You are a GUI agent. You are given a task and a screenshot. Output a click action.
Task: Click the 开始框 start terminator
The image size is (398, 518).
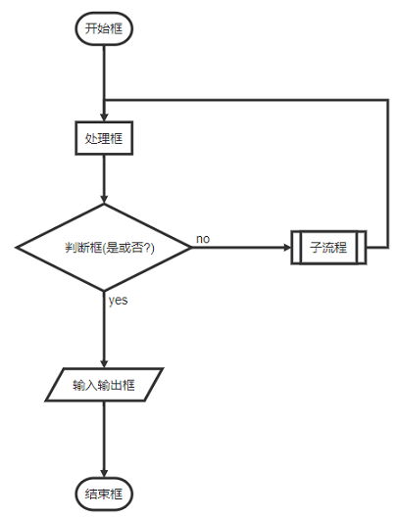103,28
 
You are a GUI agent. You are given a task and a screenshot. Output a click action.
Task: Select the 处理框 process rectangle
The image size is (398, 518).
103,138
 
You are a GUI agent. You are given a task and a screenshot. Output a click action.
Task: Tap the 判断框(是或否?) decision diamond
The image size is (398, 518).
103,248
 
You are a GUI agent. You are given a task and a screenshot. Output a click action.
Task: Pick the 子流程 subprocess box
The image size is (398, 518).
328,248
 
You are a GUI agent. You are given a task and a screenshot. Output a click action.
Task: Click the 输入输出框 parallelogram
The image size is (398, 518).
103,385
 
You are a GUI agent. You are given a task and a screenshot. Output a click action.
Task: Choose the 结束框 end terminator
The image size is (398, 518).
103,494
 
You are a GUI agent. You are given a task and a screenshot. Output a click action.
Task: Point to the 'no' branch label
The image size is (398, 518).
203,239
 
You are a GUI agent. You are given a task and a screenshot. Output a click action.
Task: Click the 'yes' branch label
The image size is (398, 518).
118,301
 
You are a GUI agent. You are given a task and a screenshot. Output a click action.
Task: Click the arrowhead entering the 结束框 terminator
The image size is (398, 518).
103,473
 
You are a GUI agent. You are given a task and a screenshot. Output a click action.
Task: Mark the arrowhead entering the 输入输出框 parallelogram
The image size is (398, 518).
103,363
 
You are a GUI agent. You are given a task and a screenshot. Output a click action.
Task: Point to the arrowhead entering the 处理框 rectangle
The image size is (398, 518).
103,117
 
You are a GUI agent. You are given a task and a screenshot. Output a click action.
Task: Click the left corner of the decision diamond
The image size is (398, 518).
17,248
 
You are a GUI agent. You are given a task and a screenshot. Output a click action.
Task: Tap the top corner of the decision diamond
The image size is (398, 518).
103,205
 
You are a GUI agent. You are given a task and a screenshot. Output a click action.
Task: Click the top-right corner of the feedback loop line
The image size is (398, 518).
387,100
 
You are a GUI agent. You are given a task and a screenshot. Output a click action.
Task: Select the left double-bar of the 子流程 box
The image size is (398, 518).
295,248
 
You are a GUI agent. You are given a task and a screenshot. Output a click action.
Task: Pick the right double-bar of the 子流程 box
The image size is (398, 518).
362,248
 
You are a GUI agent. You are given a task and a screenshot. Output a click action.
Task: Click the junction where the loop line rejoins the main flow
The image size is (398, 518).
103,100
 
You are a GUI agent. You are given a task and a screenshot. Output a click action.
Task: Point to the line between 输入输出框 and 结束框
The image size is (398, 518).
103,436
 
